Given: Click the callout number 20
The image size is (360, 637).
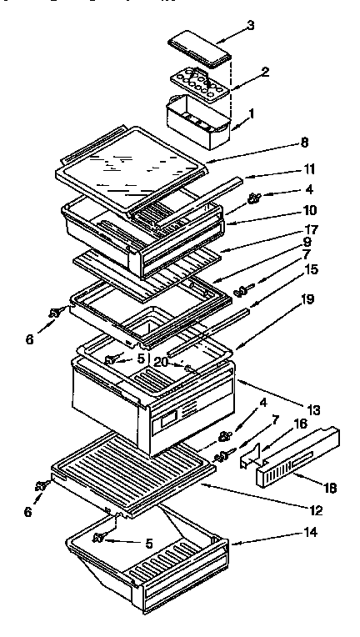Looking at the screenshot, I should pyautogui.click(x=162, y=363).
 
